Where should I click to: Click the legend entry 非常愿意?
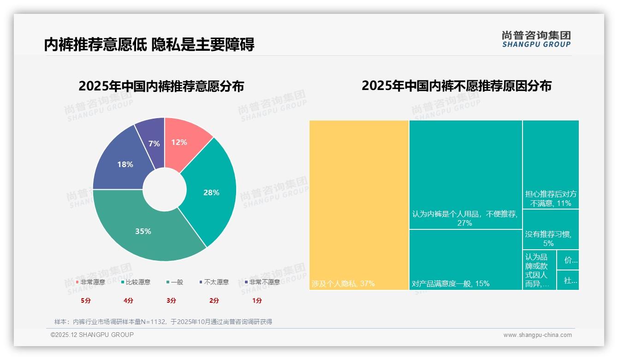pos(90,282)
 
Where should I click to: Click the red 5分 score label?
pos(86,300)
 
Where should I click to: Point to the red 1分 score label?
pos(257,300)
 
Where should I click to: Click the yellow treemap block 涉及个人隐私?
pos(359,205)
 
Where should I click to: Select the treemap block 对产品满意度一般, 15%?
pos(465,259)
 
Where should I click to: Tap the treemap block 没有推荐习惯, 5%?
pos(551,229)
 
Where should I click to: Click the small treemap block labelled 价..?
pos(568,260)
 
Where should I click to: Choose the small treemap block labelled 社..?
pos(568,280)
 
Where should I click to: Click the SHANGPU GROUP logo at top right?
pos(536,39)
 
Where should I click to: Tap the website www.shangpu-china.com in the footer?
pos(537,335)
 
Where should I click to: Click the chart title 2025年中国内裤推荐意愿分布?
pos(161,86)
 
